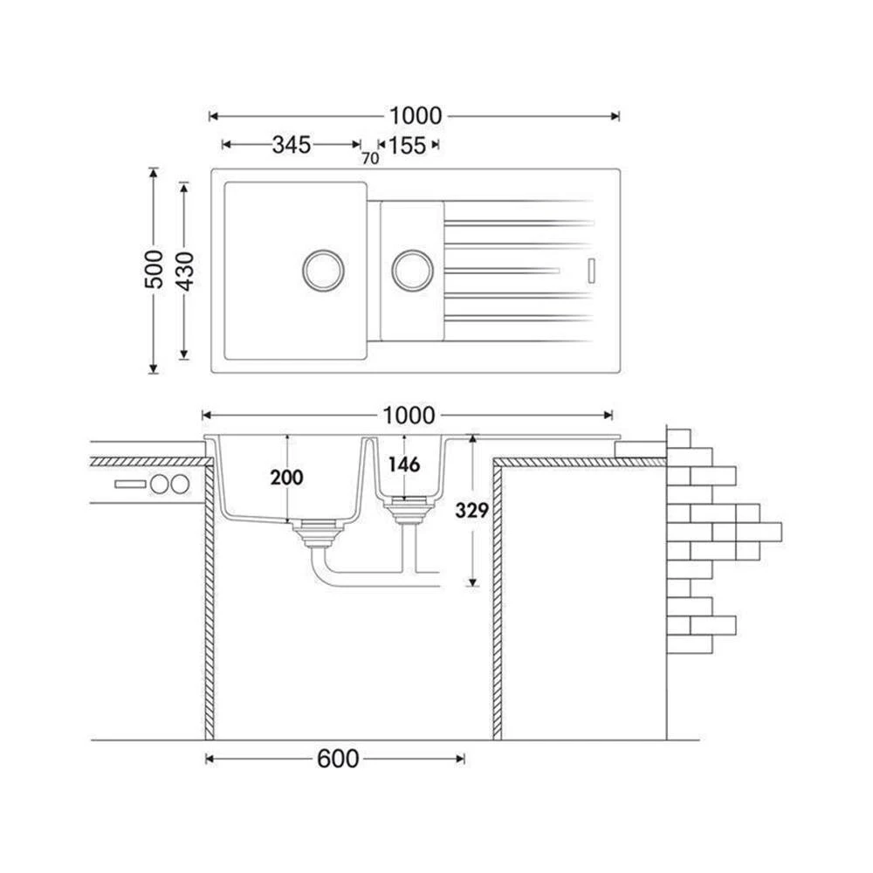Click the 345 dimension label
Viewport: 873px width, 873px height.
292,145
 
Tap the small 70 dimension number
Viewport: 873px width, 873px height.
370,159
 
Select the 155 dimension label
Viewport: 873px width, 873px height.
407,145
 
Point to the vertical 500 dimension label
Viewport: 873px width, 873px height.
155,270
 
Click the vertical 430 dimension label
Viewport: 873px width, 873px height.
185,272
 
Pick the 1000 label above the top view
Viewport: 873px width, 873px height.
416,116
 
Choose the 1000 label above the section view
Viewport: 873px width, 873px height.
409,416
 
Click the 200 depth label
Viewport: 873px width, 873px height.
286,478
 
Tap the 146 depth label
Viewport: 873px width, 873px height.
404,464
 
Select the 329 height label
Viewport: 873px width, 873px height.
471,510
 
